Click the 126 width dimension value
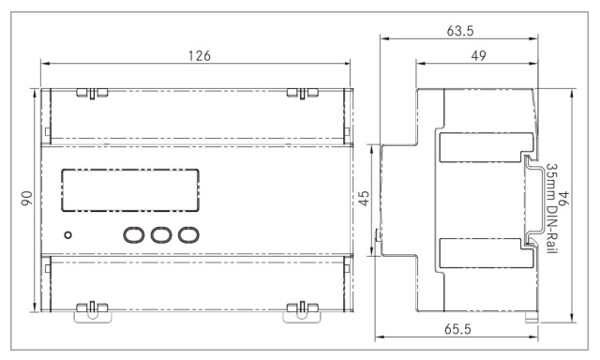coord(200,56)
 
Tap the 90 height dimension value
coord(27,199)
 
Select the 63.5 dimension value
coord(460,31)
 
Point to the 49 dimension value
coord(478,56)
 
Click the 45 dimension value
coord(364,198)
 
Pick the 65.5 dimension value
coord(457,329)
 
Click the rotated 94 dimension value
coord(563,198)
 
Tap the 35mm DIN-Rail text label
coord(551,208)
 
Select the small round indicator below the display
coord(68,235)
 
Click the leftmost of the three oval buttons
coord(133,234)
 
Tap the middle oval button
coord(160,234)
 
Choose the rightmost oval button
coord(188,234)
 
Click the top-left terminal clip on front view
coord(92,93)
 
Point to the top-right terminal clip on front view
coord(302,93)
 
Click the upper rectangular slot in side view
coord(487,147)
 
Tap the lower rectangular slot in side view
coord(487,253)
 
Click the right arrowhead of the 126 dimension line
coord(347,64)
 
